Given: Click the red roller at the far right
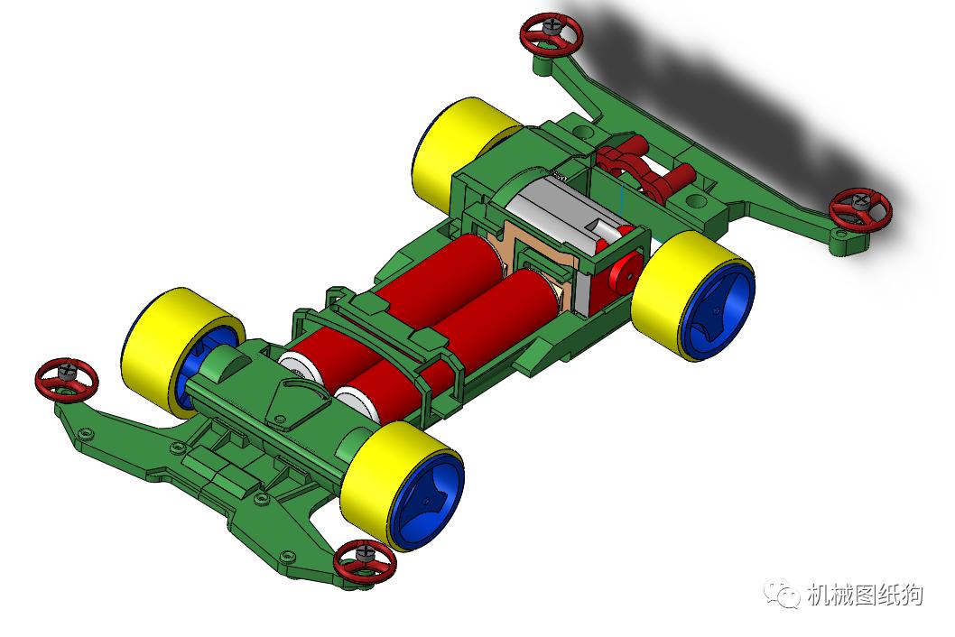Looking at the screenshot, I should point(860,210).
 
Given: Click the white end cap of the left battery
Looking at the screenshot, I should point(297,365).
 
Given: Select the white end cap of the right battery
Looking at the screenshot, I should point(357,401).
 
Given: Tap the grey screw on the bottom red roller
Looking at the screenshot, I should point(365,549).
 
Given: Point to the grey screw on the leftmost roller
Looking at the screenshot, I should point(65,368).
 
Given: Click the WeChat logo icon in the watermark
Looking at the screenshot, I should point(782,595).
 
